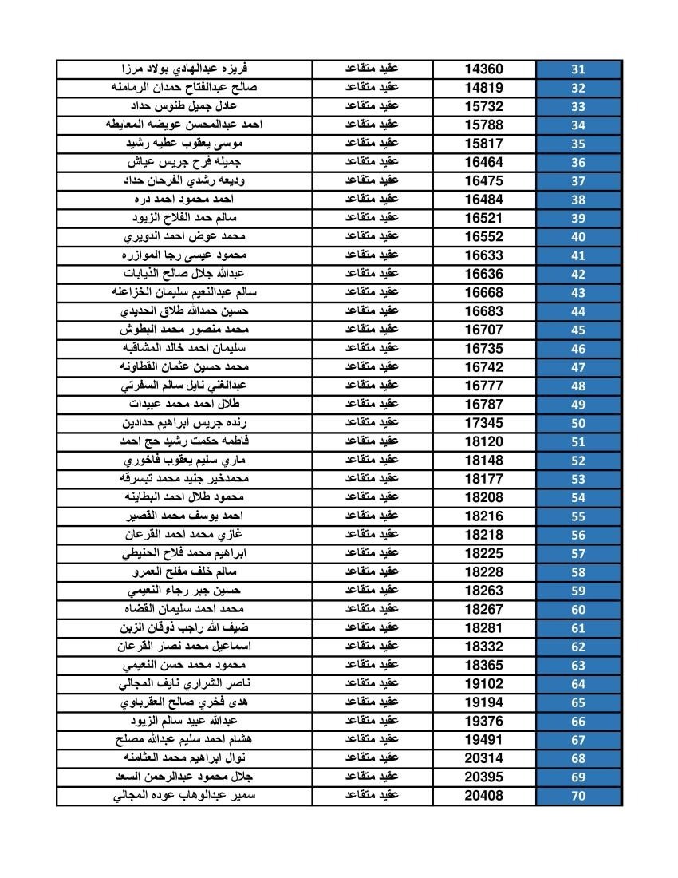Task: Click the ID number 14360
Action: click(x=484, y=69)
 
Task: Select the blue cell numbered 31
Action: click(x=578, y=69)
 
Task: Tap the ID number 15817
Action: click(x=484, y=144)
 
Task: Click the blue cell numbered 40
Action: click(x=578, y=237)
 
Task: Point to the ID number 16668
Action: click(x=484, y=293)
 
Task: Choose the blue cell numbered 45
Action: click(x=578, y=330)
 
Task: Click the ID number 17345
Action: click(x=484, y=423)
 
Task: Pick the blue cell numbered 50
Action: click(x=578, y=423)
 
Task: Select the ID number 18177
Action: click(x=484, y=479)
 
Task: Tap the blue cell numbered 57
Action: click(x=578, y=553)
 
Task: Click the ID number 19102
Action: click(x=484, y=684)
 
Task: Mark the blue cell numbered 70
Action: click(x=578, y=796)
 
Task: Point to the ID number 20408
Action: click(x=484, y=796)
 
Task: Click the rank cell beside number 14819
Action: click(x=372, y=88)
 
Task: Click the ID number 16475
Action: click(x=484, y=181)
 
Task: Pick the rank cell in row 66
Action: click(x=372, y=721)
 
